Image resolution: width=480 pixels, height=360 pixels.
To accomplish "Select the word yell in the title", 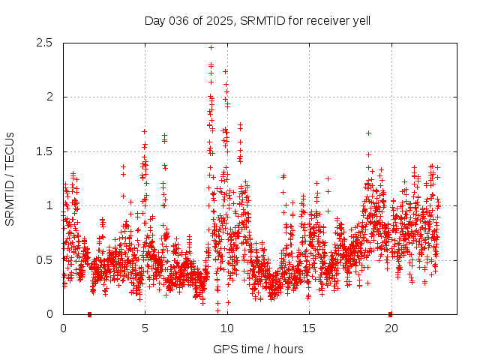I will click(x=360, y=20).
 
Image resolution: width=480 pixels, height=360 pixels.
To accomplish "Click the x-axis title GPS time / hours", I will click(x=258, y=349).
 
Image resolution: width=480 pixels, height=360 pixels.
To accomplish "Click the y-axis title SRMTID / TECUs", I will click(x=10, y=178).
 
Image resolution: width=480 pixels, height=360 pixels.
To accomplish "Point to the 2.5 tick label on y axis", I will click(x=46, y=43).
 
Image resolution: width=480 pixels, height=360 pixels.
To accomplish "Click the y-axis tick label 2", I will click(x=49, y=97).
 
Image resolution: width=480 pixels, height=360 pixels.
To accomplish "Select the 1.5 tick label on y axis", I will click(x=46, y=151).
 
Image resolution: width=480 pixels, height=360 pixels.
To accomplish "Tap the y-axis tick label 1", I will click(x=49, y=205).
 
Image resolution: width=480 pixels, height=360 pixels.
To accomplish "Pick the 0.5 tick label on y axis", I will click(x=46, y=260).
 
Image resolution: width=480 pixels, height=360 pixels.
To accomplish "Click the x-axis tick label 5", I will click(x=145, y=328).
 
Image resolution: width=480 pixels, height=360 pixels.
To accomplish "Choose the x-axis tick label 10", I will click(x=227, y=328).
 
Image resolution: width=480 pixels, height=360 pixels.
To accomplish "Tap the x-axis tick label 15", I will click(x=309, y=328).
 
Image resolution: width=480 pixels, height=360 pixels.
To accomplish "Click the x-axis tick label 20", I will click(x=391, y=328).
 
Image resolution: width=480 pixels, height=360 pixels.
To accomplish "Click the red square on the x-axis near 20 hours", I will click(x=390, y=314).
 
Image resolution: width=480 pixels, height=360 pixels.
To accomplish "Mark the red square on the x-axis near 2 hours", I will click(x=89, y=314).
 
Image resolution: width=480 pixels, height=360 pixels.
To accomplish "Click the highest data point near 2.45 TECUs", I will click(x=211, y=47).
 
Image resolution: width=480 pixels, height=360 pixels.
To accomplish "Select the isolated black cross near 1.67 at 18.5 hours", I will click(x=368, y=133).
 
